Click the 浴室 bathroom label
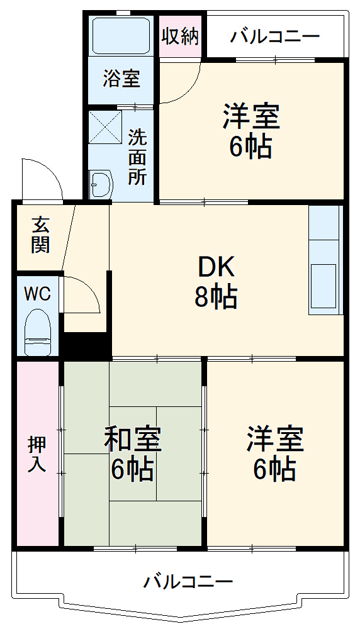pos(121,80)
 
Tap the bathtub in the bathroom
pos(121,35)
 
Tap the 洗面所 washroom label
pos(138,157)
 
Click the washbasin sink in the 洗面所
pos(100,185)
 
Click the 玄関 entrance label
pos(40,235)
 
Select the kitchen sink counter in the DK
pos(325,260)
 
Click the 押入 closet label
pos(37,454)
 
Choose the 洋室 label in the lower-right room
pos(275,440)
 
